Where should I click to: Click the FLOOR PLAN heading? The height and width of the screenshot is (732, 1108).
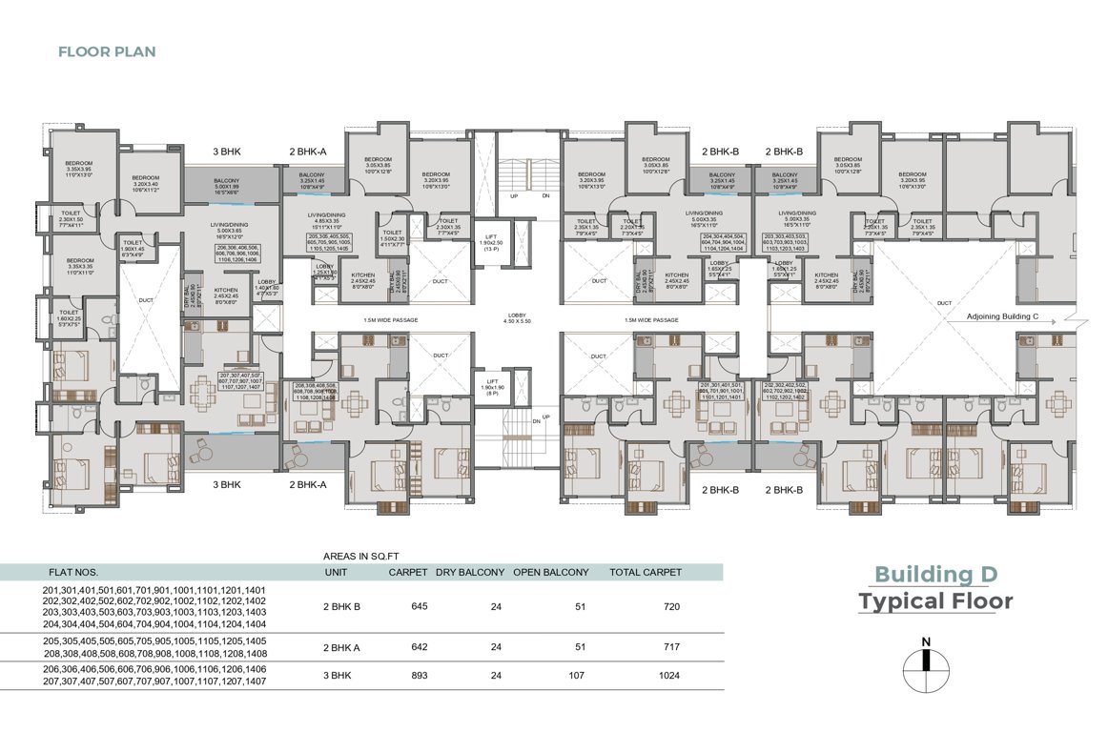click(x=107, y=51)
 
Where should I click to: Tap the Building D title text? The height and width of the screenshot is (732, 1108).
click(x=935, y=574)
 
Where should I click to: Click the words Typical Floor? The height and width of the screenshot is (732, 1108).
click(x=935, y=601)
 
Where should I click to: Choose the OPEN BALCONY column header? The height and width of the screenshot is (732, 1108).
click(x=550, y=573)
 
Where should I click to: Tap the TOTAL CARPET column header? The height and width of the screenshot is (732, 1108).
click(x=646, y=573)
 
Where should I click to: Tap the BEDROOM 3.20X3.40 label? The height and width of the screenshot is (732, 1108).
click(x=145, y=182)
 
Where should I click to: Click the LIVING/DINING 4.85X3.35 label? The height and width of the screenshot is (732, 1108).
click(x=324, y=221)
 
